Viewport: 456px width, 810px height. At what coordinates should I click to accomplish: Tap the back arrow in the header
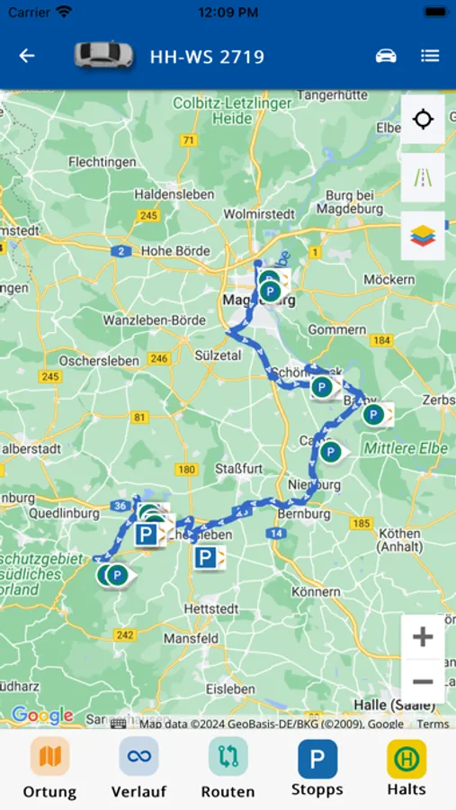pyautogui.click(x=27, y=56)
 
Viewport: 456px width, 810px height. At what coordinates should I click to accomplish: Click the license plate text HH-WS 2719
pyautogui.click(x=207, y=57)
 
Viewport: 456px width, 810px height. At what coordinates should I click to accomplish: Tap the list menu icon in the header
pyautogui.click(x=430, y=56)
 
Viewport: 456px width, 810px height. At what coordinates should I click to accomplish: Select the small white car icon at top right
pyautogui.click(x=386, y=56)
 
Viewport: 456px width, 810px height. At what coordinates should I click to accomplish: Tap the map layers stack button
pyautogui.click(x=423, y=236)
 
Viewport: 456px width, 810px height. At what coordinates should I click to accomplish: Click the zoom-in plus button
pyautogui.click(x=423, y=638)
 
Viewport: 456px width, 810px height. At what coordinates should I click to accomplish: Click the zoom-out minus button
pyautogui.click(x=423, y=681)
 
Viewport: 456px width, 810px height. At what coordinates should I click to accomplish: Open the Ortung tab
pyautogui.click(x=49, y=768)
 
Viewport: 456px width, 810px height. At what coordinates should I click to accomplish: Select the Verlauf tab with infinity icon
pyautogui.click(x=139, y=768)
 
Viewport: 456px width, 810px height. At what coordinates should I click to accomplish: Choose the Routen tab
pyautogui.click(x=228, y=768)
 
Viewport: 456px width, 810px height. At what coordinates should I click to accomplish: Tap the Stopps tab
pyautogui.click(x=317, y=768)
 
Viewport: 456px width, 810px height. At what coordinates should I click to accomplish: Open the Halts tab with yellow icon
pyautogui.click(x=407, y=768)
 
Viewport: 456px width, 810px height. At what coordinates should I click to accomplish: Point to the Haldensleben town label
pyautogui.click(x=174, y=194)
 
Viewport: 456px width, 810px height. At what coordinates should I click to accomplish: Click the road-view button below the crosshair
pyautogui.click(x=423, y=177)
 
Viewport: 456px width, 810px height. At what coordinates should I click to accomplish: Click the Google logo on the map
pyautogui.click(x=42, y=716)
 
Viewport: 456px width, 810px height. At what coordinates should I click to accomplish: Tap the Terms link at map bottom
pyautogui.click(x=433, y=724)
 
